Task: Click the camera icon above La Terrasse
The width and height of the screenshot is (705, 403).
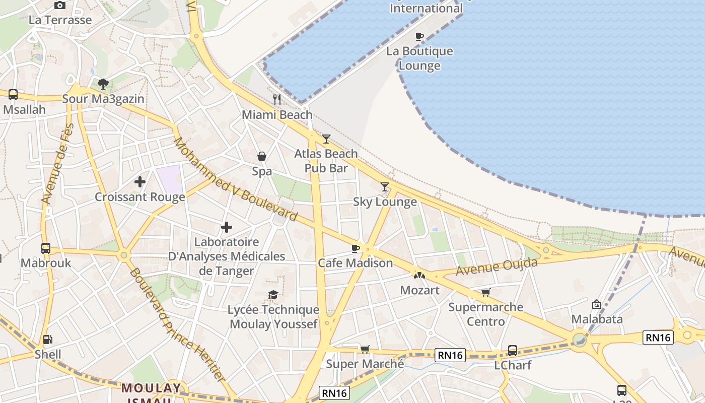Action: [x=60, y=5]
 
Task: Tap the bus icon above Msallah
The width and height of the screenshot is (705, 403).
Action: [x=13, y=94]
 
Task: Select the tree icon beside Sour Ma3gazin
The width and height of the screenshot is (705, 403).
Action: [x=103, y=84]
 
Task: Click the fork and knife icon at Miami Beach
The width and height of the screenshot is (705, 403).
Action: [x=276, y=99]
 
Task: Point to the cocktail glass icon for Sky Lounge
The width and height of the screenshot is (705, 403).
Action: [x=385, y=187]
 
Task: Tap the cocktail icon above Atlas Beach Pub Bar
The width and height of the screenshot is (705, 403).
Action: [x=326, y=139]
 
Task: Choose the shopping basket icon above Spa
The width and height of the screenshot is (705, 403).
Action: [x=262, y=156]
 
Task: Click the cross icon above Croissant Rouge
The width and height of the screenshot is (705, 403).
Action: [x=140, y=181]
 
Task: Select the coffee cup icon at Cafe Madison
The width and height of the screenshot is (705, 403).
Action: [x=356, y=248]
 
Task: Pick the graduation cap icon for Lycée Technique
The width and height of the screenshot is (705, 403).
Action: [x=273, y=295]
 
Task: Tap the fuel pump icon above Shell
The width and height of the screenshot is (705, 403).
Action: [x=48, y=340]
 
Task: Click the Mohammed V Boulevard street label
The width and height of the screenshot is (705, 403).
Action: [x=235, y=179]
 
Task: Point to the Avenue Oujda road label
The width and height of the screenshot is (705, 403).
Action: [x=497, y=266]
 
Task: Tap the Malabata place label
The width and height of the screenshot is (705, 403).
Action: [x=597, y=319]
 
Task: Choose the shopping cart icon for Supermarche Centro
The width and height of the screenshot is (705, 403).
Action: [x=485, y=292]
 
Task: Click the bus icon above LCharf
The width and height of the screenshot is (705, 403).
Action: [x=513, y=350]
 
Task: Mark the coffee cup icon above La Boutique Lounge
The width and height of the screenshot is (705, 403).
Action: [x=419, y=36]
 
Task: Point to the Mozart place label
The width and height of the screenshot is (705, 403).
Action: [x=419, y=290]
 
